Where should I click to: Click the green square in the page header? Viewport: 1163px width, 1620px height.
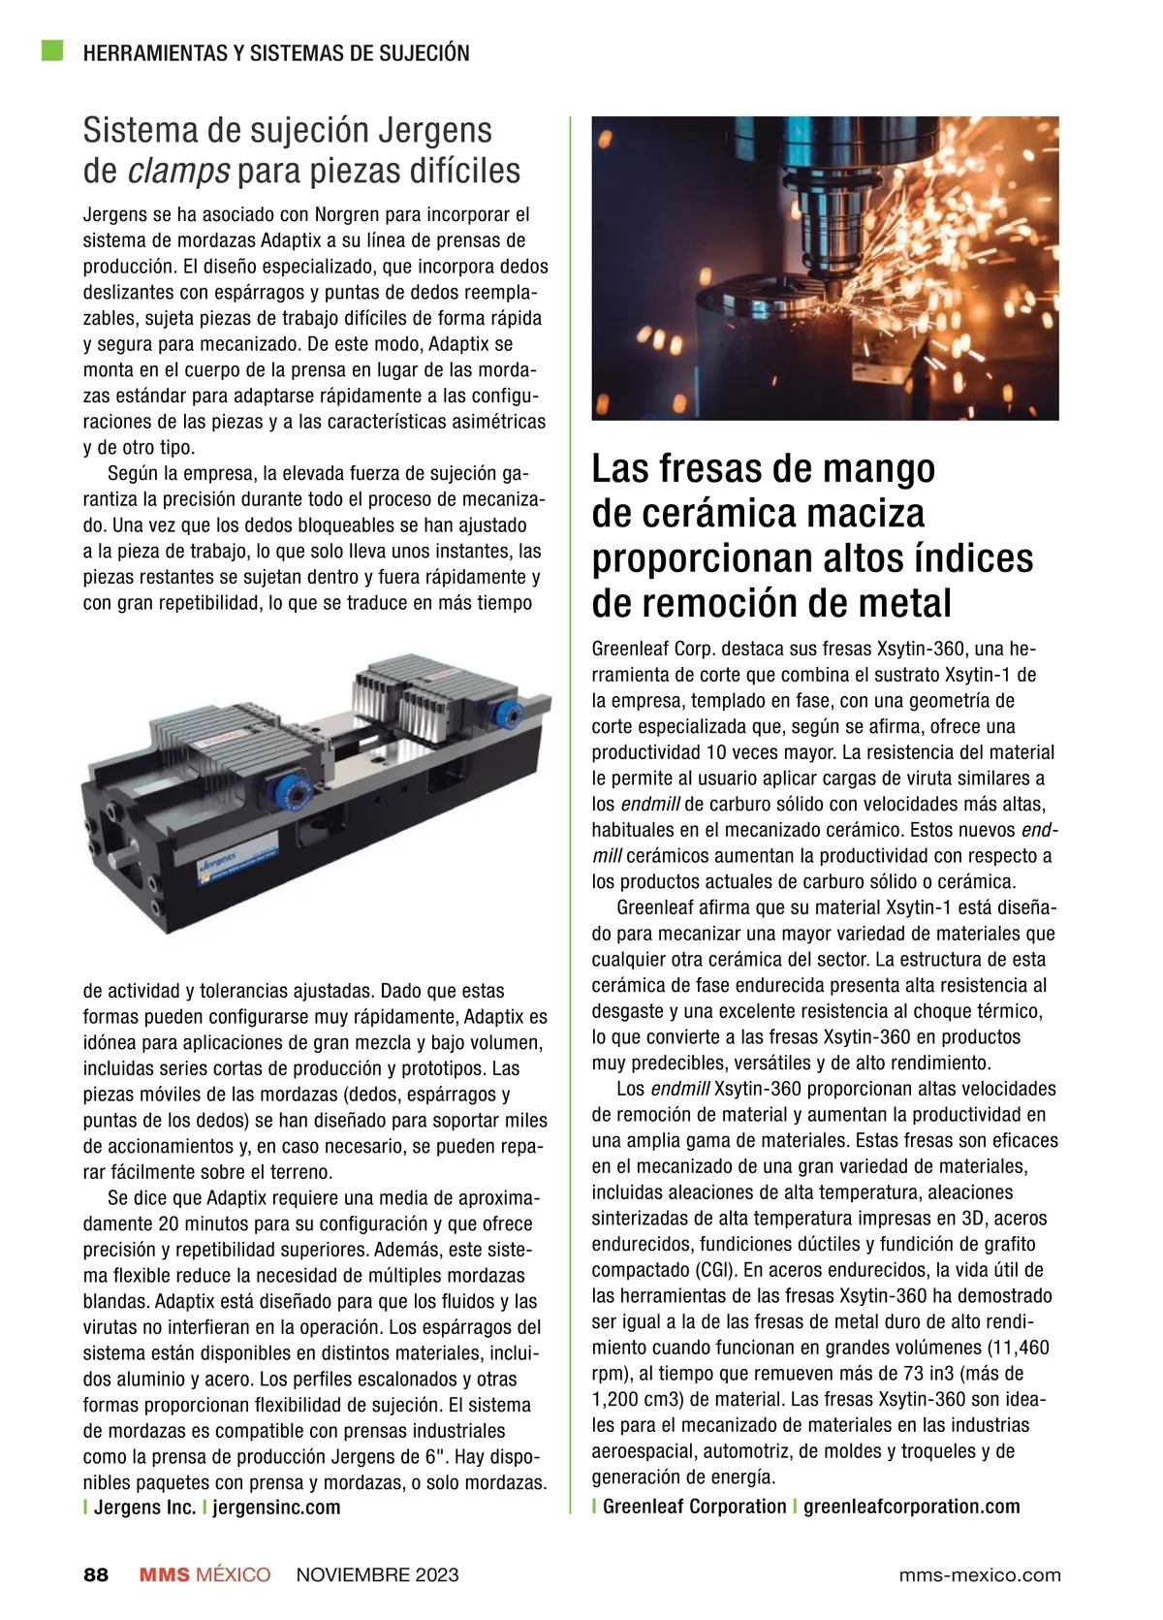point(52,50)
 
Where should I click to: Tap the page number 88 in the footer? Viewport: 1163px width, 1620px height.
point(96,1574)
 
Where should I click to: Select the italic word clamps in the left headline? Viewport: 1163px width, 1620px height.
point(179,172)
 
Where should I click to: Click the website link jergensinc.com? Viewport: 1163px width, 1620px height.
point(276,1508)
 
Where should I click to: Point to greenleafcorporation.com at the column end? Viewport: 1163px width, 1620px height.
point(911,1507)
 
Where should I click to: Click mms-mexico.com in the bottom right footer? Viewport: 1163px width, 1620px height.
point(979,1574)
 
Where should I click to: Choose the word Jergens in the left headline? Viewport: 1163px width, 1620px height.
point(433,130)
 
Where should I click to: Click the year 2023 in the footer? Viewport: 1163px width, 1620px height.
point(437,1574)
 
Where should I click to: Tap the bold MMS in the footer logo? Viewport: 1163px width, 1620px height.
point(164,1574)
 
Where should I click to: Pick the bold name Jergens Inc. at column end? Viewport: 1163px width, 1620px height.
point(144,1508)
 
